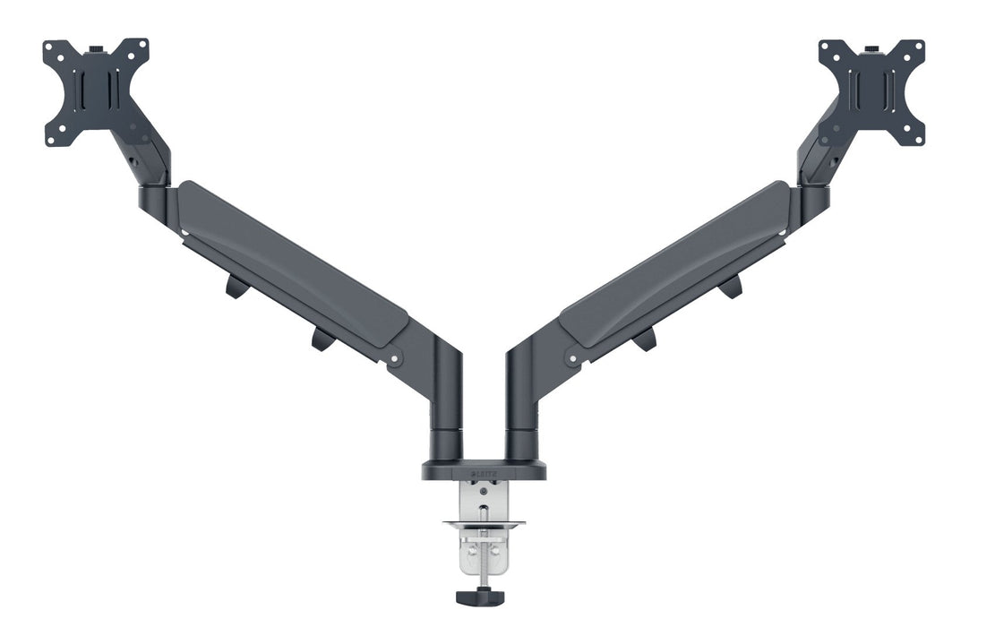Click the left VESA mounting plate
coord(96,92)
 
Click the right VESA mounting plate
coord(871,92)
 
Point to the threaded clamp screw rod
coord(484,555)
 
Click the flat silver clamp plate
coord(484,524)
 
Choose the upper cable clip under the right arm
coord(730,287)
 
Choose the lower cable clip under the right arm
coord(645,339)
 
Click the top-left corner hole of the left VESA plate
coord(50,47)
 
